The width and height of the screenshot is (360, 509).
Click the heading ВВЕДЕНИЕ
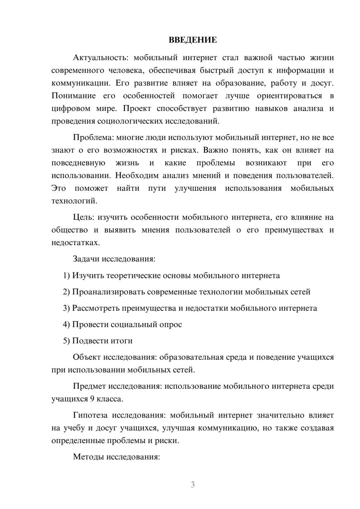[193, 40]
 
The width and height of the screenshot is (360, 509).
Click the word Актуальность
[95, 58]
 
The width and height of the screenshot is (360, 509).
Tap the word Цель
[84, 217]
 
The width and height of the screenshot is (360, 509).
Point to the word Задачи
[86, 259]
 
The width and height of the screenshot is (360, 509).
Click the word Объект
[87, 357]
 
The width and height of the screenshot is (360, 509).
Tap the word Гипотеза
[90, 415]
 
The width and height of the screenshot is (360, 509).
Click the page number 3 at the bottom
[193, 485]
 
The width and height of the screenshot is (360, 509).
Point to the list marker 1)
[67, 276]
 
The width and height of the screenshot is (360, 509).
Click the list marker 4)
[67, 325]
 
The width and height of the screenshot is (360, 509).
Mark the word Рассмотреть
[96, 308]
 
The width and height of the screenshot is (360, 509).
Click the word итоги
[120, 341]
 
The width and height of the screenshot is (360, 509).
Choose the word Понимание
[74, 96]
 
